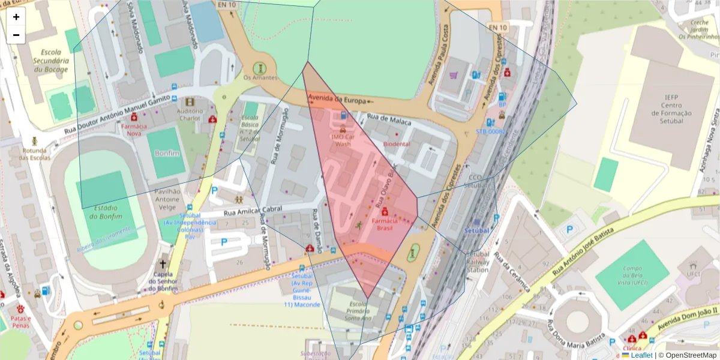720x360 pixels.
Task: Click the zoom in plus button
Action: (x=16, y=17)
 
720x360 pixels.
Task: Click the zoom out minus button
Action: (x=16, y=35)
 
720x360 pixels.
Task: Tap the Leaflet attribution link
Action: (x=641, y=355)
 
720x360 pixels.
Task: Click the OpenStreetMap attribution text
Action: (x=688, y=355)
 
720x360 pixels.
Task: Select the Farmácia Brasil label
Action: (x=385, y=224)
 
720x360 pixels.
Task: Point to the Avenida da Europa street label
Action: (x=337, y=99)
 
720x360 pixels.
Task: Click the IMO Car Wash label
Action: (x=343, y=140)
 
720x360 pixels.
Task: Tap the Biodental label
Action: (x=397, y=144)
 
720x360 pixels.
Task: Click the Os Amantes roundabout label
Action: (x=260, y=78)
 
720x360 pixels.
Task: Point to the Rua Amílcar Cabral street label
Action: (x=253, y=210)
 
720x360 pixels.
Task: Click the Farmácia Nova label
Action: (x=134, y=130)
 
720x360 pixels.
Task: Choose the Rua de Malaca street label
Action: (x=389, y=121)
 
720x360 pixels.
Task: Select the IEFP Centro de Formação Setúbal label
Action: (x=670, y=109)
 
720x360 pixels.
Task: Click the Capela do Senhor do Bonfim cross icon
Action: (x=163, y=264)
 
